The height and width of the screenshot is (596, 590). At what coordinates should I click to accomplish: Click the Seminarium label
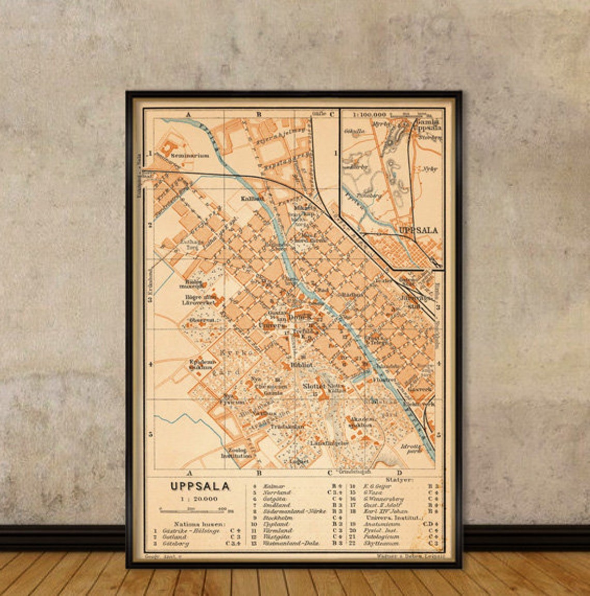[x=191, y=155]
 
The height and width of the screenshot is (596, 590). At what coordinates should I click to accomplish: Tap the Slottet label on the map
[x=314, y=386]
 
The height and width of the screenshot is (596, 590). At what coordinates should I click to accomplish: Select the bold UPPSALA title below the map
[x=200, y=487]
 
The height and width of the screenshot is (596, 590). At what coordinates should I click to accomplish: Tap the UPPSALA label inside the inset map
[x=418, y=230]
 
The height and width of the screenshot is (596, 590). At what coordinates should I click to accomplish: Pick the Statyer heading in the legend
[x=399, y=480]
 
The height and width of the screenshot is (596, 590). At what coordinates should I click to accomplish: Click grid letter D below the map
[x=399, y=473]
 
